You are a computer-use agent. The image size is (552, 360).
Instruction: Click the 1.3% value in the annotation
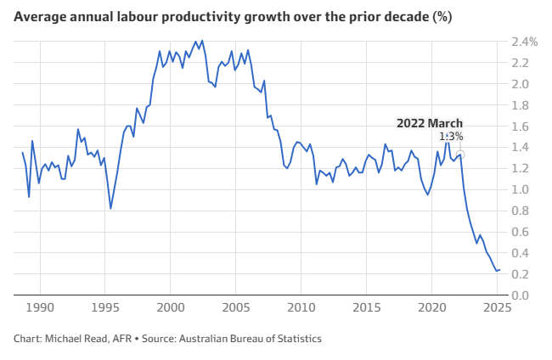451,137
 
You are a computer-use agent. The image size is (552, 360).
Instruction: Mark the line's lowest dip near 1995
110,208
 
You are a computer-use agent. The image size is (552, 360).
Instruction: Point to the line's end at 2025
499,270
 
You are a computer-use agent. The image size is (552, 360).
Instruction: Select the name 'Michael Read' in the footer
80,339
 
